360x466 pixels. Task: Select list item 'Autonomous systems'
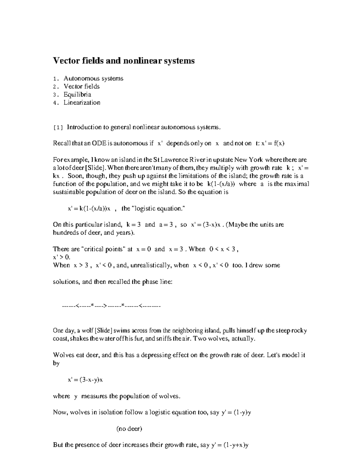point(93,79)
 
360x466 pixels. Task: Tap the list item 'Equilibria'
point(77,95)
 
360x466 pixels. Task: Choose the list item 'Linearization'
point(82,103)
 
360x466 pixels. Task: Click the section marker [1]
point(58,128)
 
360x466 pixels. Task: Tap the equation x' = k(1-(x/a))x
point(90,209)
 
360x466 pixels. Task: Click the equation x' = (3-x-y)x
point(85,380)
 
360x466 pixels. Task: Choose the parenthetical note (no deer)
point(129,428)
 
